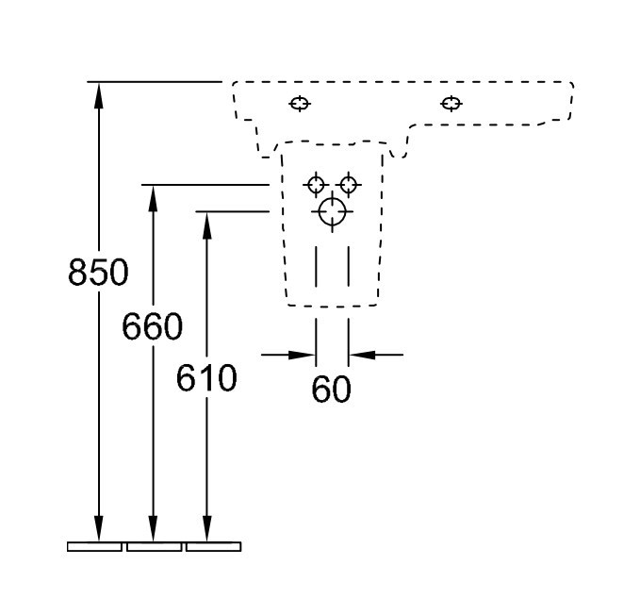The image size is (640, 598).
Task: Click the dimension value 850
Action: [98, 272]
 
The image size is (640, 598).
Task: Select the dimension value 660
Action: [153, 326]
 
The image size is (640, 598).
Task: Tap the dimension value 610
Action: [206, 378]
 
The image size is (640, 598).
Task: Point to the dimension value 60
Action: [331, 389]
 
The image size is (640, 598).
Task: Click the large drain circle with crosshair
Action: [332, 211]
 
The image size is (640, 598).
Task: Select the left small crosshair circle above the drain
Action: [316, 185]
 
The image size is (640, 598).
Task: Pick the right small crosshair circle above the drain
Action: [348, 185]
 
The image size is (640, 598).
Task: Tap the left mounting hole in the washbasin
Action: [300, 104]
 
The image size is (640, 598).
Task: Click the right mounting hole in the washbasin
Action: [451, 104]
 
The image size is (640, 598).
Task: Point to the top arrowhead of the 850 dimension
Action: [98, 95]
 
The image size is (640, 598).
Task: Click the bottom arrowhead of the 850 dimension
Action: [98, 528]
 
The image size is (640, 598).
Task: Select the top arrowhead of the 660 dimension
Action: [153, 198]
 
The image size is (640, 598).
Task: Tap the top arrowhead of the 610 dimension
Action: [207, 225]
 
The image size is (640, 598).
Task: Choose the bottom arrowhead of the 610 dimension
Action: [207, 528]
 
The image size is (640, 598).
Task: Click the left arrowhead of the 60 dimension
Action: [302, 355]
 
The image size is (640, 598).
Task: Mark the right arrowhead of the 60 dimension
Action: [362, 355]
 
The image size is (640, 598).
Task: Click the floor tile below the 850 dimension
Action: [94, 546]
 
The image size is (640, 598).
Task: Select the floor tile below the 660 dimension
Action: [154, 546]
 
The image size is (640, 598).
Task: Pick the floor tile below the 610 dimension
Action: [213, 546]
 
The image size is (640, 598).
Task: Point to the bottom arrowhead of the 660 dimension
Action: [153, 528]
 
